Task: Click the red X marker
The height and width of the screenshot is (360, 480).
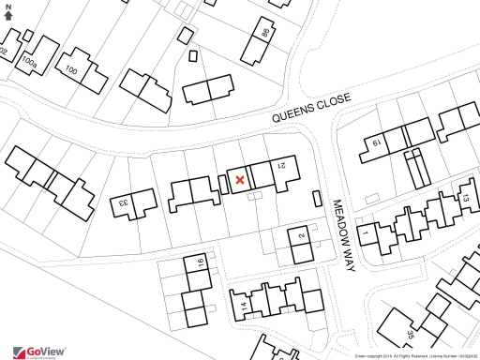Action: pyautogui.click(x=240, y=179)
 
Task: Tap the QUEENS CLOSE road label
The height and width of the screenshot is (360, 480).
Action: pyautogui.click(x=311, y=107)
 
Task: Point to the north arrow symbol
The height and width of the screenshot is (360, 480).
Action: pyautogui.click(x=8, y=16)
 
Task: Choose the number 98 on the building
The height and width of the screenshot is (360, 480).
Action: pyautogui.click(x=265, y=34)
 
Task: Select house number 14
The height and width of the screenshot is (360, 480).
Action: pyautogui.click(x=242, y=307)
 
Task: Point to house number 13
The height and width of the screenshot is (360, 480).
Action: pyautogui.click(x=463, y=198)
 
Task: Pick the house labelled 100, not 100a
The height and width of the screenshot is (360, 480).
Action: pyautogui.click(x=70, y=70)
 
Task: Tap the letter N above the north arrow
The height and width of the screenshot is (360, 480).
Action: pyautogui.click(x=8, y=6)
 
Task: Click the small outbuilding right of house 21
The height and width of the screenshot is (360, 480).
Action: pyautogui.click(x=315, y=197)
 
